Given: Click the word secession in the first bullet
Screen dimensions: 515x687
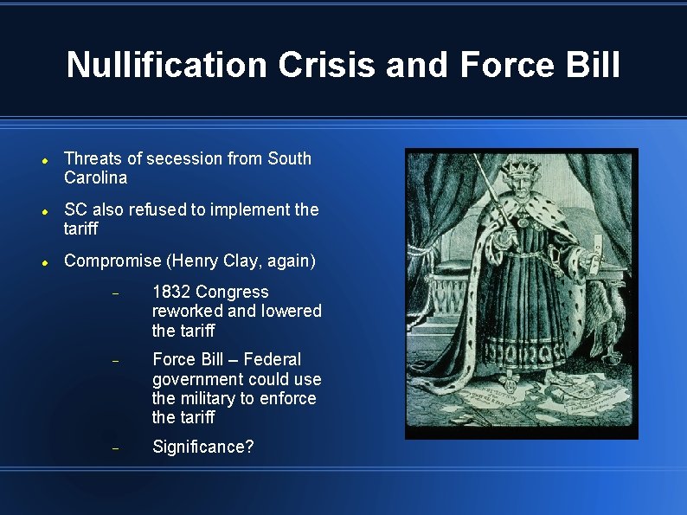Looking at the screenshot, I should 185,158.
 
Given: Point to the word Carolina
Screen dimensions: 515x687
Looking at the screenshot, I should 95,178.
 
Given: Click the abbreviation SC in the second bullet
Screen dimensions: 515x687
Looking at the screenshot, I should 75,209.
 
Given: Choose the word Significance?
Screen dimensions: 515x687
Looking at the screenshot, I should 203,447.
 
